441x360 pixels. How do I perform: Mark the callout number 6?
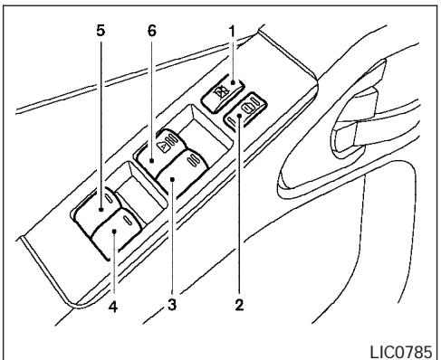(x=150, y=29)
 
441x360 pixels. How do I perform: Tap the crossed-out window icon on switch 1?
(x=220, y=90)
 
